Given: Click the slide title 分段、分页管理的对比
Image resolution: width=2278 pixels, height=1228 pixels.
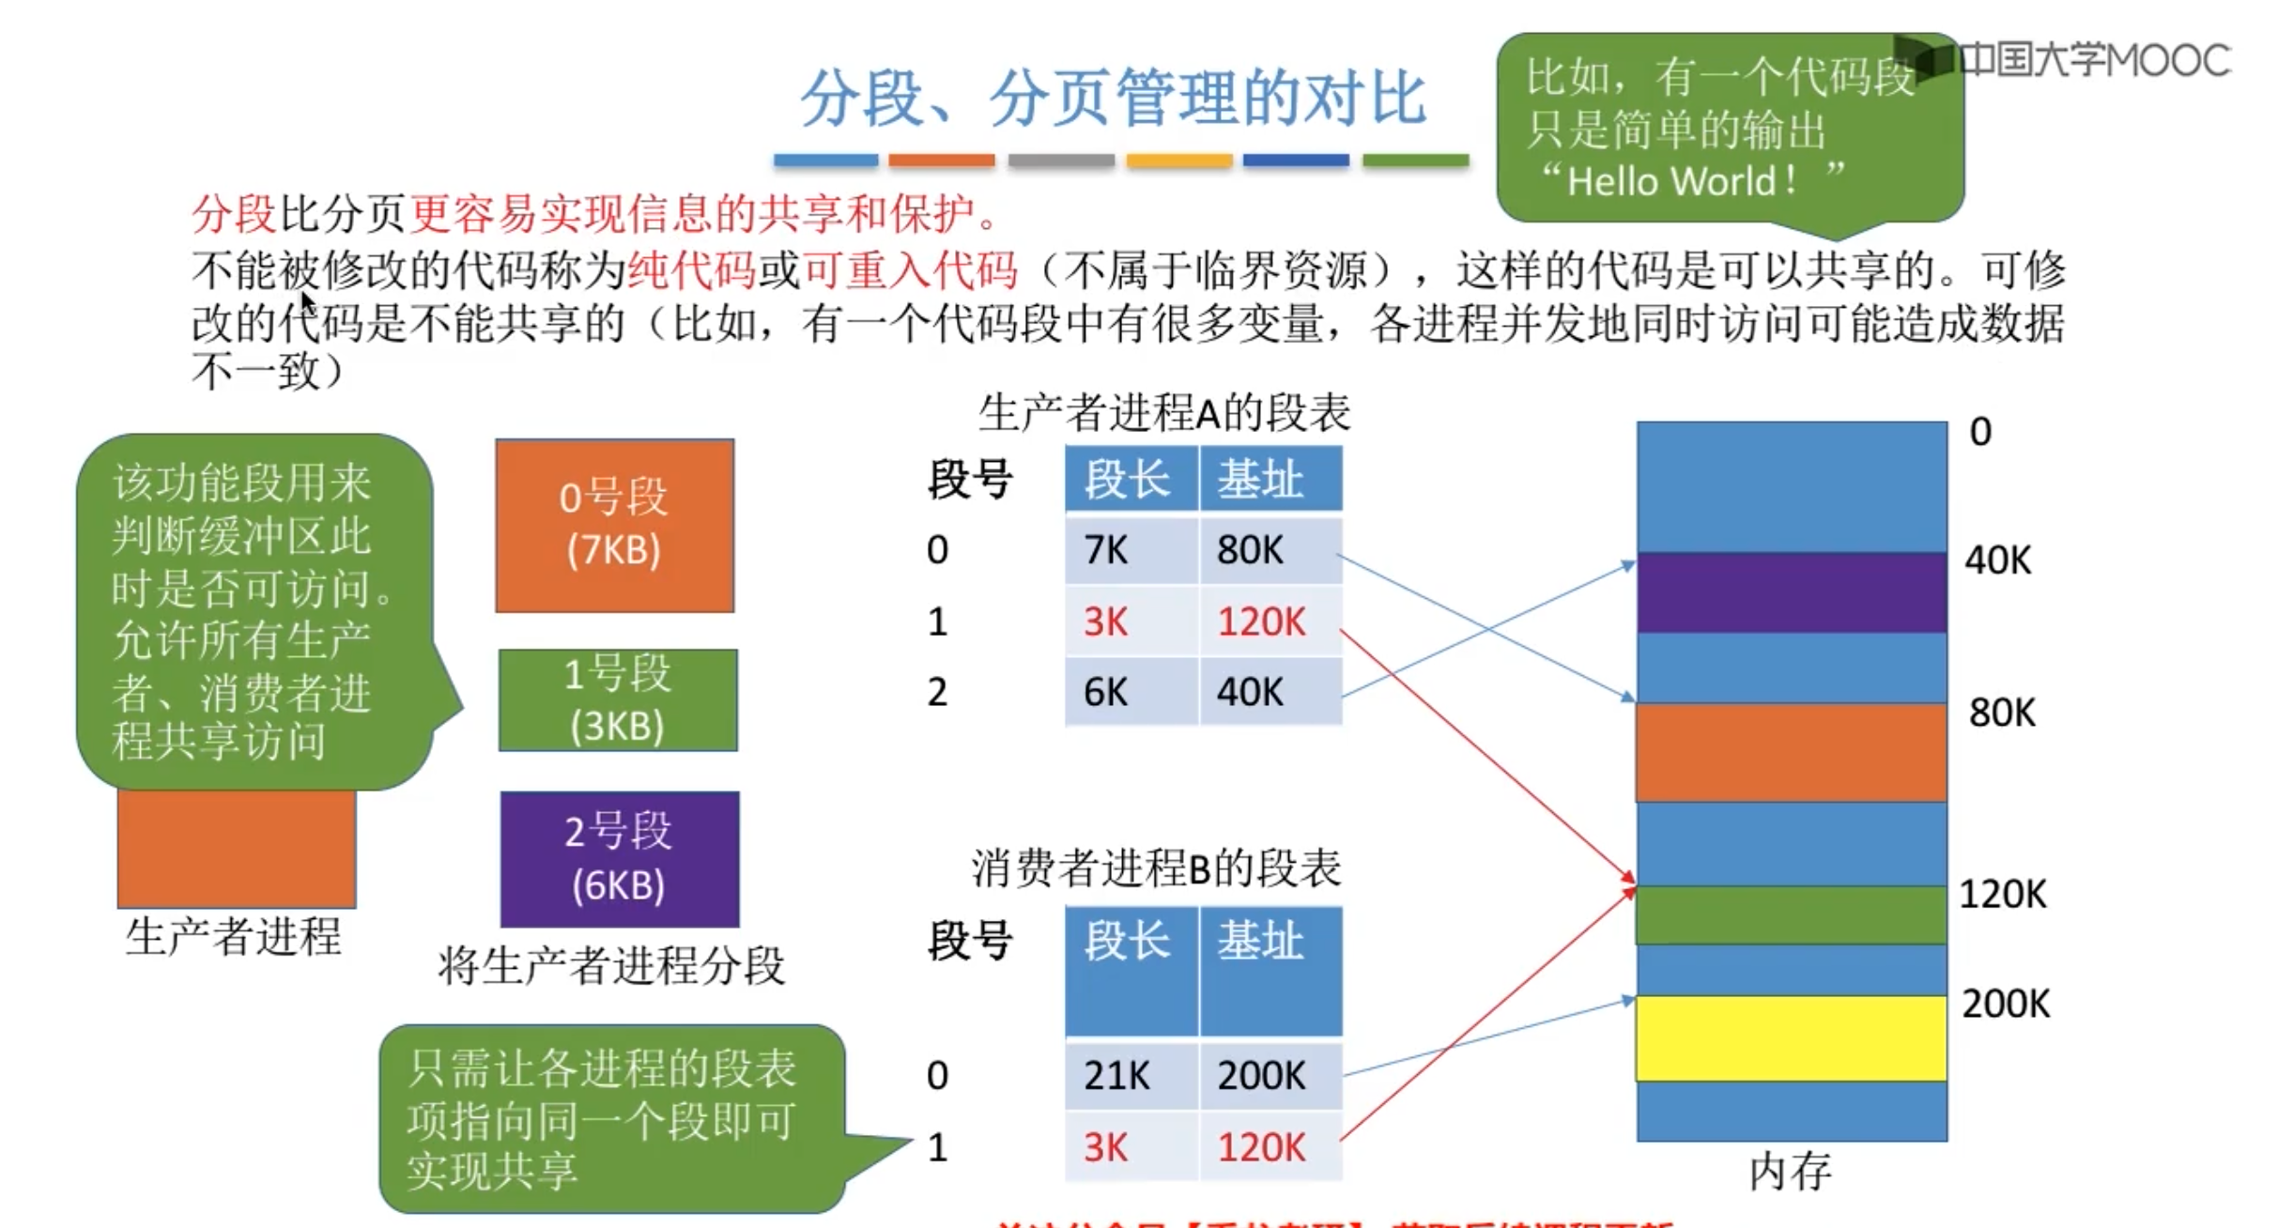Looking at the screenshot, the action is [1114, 98].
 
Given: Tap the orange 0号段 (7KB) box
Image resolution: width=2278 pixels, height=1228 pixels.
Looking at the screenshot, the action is [615, 526].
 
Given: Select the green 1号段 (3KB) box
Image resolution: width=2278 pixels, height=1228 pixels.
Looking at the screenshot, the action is [618, 700].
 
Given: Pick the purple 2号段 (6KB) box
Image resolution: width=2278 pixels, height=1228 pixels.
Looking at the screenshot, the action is [620, 859].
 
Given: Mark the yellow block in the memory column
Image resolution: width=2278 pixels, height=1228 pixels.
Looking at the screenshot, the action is [1792, 1038].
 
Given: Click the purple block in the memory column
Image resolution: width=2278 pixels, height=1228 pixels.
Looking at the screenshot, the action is [1792, 592].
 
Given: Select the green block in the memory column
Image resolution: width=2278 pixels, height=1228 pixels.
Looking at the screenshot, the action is [1792, 915].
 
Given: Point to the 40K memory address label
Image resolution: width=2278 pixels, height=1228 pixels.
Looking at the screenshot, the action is [1998, 560].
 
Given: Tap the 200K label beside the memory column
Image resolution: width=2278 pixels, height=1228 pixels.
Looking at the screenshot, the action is [2006, 1005].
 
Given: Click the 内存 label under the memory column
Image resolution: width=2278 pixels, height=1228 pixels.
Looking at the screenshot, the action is [1790, 1172].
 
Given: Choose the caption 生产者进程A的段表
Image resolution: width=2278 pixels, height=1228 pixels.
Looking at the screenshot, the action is [1164, 413].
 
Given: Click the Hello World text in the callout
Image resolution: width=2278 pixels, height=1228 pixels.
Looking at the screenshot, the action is [1681, 181].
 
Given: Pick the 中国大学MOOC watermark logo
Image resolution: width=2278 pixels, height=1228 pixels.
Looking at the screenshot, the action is [2066, 59].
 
